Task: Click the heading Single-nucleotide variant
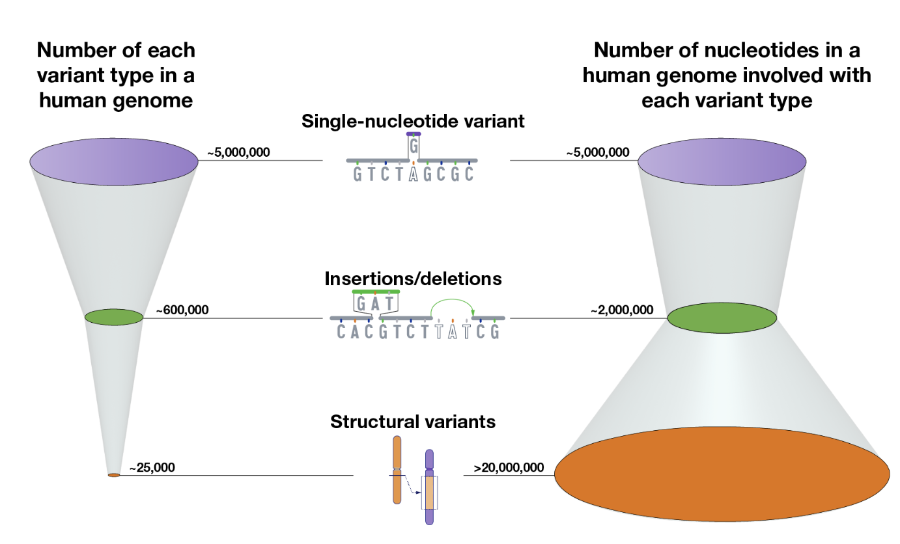[x=413, y=121]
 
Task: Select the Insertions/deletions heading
[x=413, y=279]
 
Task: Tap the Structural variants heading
[x=413, y=422]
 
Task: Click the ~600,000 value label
[x=182, y=310]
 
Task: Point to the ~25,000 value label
[x=152, y=467]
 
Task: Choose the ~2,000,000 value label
[x=622, y=310]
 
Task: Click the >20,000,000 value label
[x=509, y=467]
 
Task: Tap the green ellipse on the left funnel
[x=114, y=317]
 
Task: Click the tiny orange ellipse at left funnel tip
[x=114, y=475]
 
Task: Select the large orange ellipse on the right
[x=722, y=474]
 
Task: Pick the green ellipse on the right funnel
[x=722, y=318]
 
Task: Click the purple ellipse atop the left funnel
[x=114, y=162]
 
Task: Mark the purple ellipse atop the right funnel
[x=722, y=162]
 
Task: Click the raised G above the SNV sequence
[x=414, y=146]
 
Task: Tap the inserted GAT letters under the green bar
[x=375, y=303]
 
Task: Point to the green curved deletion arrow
[x=452, y=299]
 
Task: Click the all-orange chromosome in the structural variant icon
[x=397, y=470]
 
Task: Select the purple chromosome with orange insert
[x=430, y=487]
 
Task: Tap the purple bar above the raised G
[x=414, y=134]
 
